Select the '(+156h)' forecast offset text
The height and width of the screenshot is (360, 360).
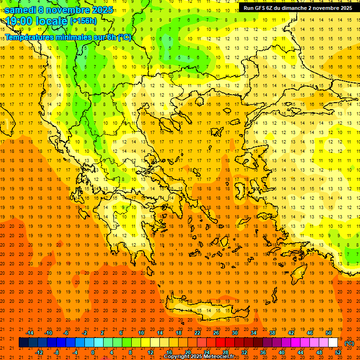pyautogui.click(x=83, y=21)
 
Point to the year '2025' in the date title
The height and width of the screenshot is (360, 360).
pyautogui.click(x=102, y=10)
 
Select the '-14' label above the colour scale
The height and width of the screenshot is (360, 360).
pyautogui.click(x=30, y=333)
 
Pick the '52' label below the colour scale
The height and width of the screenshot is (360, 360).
pyautogui.click(x=338, y=352)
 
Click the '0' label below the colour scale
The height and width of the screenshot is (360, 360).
pyautogui.click(x=93, y=352)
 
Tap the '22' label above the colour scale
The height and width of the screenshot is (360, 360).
pyautogui.click(x=197, y=333)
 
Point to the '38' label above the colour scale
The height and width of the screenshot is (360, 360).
pyautogui.click(x=272, y=333)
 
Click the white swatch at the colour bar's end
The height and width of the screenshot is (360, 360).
pyautogui.click(x=333, y=343)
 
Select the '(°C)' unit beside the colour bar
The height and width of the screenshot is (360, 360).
pyautogui.click(x=349, y=343)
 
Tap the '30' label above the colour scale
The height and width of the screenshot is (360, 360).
pyautogui.click(x=234, y=333)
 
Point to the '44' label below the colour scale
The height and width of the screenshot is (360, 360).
pyautogui.click(x=300, y=352)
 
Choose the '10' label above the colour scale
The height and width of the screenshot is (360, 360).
pyautogui.click(x=141, y=333)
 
